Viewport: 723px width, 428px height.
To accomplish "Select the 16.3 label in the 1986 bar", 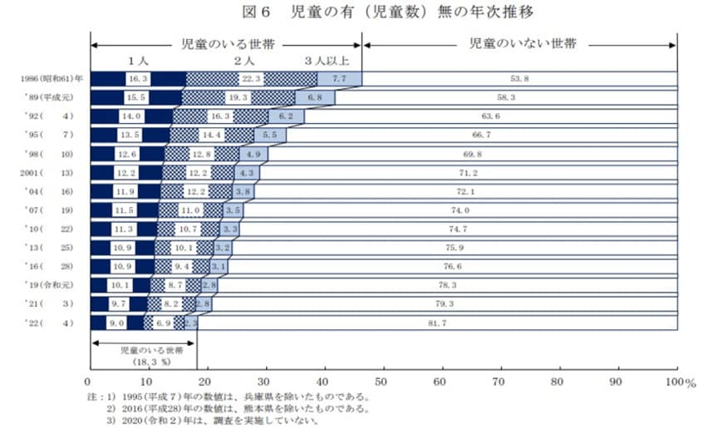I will point(138,79).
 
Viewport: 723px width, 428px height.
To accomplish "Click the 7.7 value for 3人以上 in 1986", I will point(339,79).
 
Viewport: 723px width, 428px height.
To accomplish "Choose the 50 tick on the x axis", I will point(383,381).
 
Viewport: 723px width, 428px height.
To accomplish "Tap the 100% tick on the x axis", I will point(679,381).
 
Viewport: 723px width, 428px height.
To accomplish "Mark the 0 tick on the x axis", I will point(89,381).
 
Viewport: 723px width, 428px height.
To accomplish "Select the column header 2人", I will point(243,61).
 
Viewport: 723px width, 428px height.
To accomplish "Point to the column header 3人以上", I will point(327,61).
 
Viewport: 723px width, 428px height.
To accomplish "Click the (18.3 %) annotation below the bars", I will point(143,362).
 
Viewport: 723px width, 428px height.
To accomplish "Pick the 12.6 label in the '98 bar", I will point(127,154).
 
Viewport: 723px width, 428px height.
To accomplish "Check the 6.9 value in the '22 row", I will point(164,322).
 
